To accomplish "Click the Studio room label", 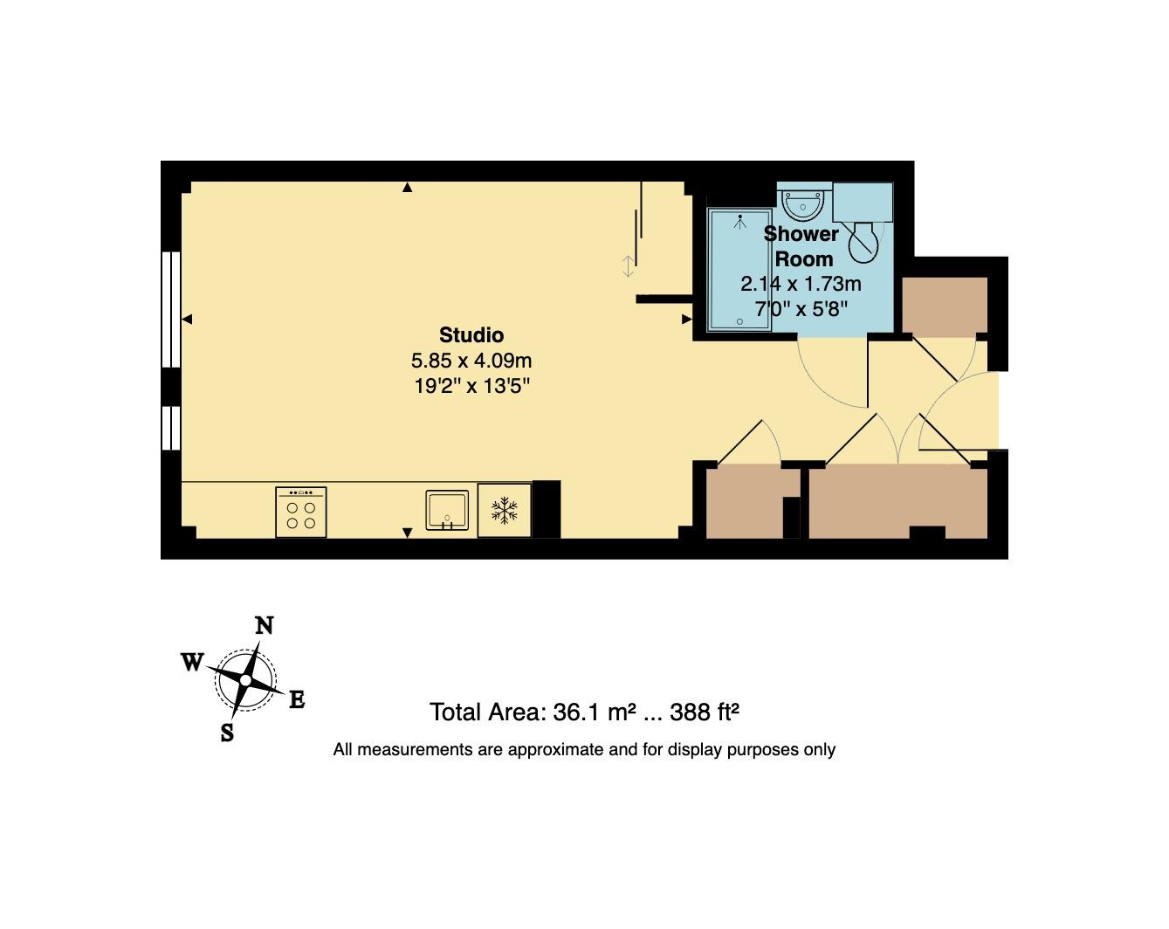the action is tap(471, 334).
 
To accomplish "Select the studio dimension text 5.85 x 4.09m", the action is tap(471, 361).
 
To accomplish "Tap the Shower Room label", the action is tap(802, 246).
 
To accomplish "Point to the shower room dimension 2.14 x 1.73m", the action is tap(801, 284).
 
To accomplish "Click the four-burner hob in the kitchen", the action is tap(301, 513).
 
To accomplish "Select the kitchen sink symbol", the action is tap(447, 510).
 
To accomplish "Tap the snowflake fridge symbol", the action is tap(504, 510).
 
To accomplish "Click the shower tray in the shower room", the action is tap(739, 270).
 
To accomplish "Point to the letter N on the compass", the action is tap(265, 626).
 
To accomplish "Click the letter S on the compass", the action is tap(227, 733).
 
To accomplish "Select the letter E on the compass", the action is tap(297, 699).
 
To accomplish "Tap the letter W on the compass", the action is tap(192, 662).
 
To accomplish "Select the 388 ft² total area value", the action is tap(705, 712).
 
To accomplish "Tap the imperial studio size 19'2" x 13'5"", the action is tap(471, 386).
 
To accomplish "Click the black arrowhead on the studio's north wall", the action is tap(408, 188).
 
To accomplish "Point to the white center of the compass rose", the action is tap(245, 680).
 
